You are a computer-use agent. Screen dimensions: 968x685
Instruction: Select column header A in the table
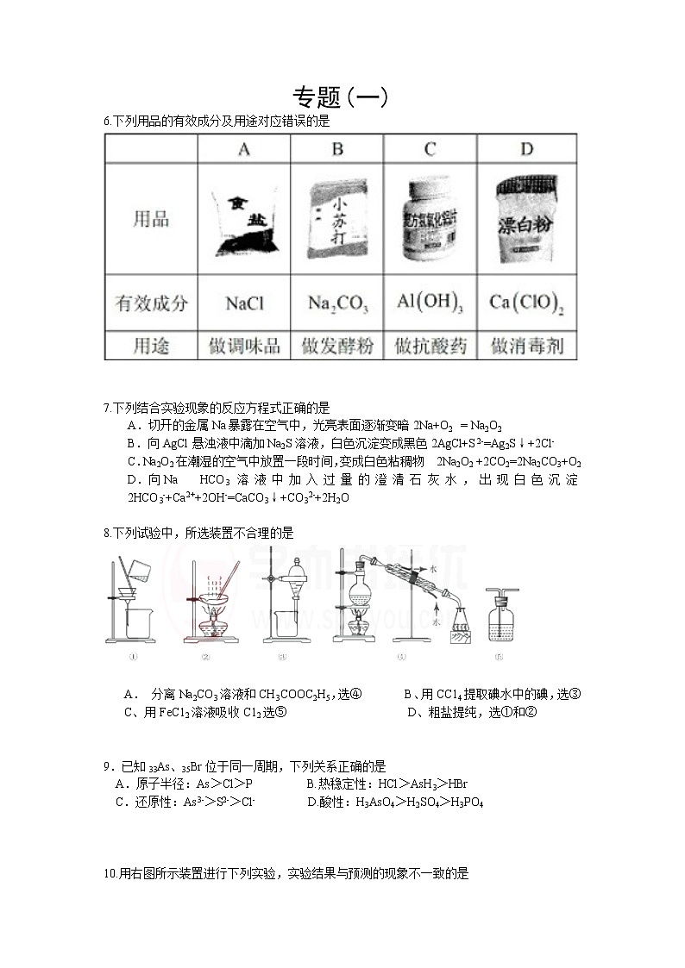(244, 149)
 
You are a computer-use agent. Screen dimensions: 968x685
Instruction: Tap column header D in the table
(526, 149)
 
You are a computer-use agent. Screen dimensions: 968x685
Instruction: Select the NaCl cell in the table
(244, 303)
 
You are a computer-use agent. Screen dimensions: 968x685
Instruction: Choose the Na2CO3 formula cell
(337, 303)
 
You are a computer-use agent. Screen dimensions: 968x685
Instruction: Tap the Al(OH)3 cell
(430, 303)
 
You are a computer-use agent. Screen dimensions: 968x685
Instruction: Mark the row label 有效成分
(151, 303)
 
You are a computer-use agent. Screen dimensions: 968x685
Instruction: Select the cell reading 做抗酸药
(430, 347)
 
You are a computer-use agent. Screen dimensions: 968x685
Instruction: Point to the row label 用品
(151, 219)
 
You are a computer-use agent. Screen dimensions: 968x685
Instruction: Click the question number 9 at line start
(106, 765)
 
